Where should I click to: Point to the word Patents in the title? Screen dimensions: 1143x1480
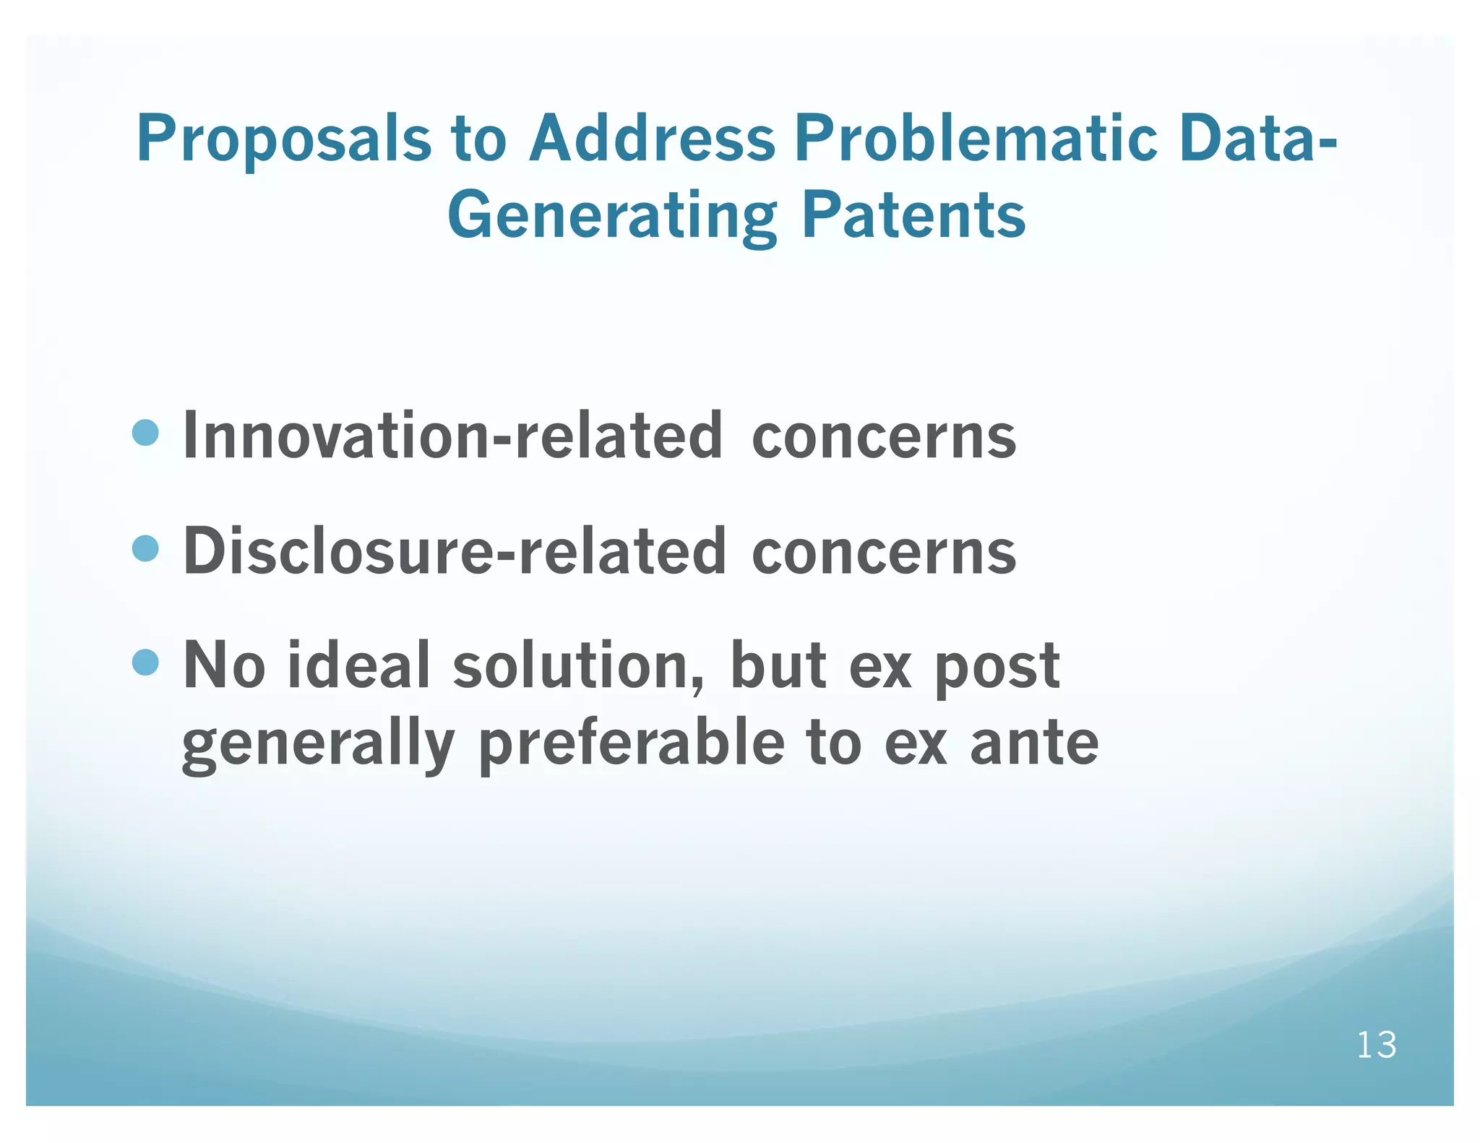(913, 215)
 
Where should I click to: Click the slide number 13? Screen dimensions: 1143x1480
(1376, 1045)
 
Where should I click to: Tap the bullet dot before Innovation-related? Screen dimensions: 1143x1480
(146, 433)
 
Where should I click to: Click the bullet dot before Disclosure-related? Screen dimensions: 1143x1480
(146, 548)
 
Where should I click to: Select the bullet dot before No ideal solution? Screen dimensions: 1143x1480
(146, 662)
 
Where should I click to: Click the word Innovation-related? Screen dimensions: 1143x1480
(452, 436)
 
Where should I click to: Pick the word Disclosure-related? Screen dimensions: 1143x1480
(454, 551)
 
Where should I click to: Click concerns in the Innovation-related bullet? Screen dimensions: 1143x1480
(883, 437)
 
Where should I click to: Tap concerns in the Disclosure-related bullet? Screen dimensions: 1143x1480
(883, 553)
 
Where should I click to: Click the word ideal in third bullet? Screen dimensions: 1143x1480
(359, 665)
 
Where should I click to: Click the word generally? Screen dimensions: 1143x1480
(317, 746)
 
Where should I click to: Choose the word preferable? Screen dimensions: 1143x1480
(631, 744)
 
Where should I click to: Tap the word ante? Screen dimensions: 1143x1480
(1033, 744)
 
